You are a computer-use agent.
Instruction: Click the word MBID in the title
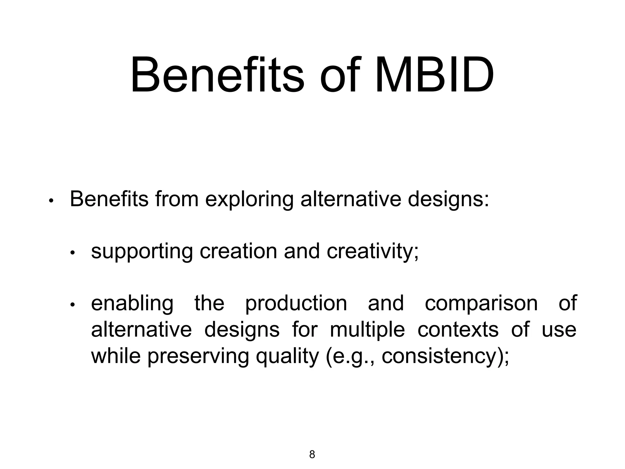point(434,75)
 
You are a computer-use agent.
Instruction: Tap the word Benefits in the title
point(217,75)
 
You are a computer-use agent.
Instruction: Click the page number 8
point(312,455)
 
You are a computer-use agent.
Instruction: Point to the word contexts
point(458,330)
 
